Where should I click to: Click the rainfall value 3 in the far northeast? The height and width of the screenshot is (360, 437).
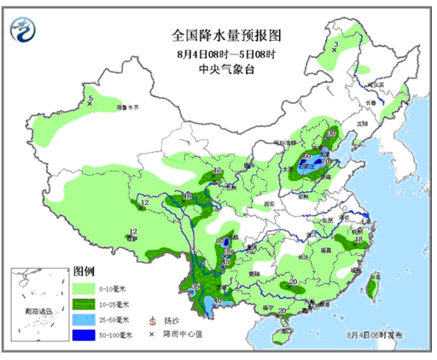click(336, 45)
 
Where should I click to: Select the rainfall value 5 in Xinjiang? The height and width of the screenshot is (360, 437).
click(90, 101)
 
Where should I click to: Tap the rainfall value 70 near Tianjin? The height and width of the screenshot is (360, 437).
click(324, 160)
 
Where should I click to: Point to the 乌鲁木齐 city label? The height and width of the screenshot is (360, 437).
click(127, 108)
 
